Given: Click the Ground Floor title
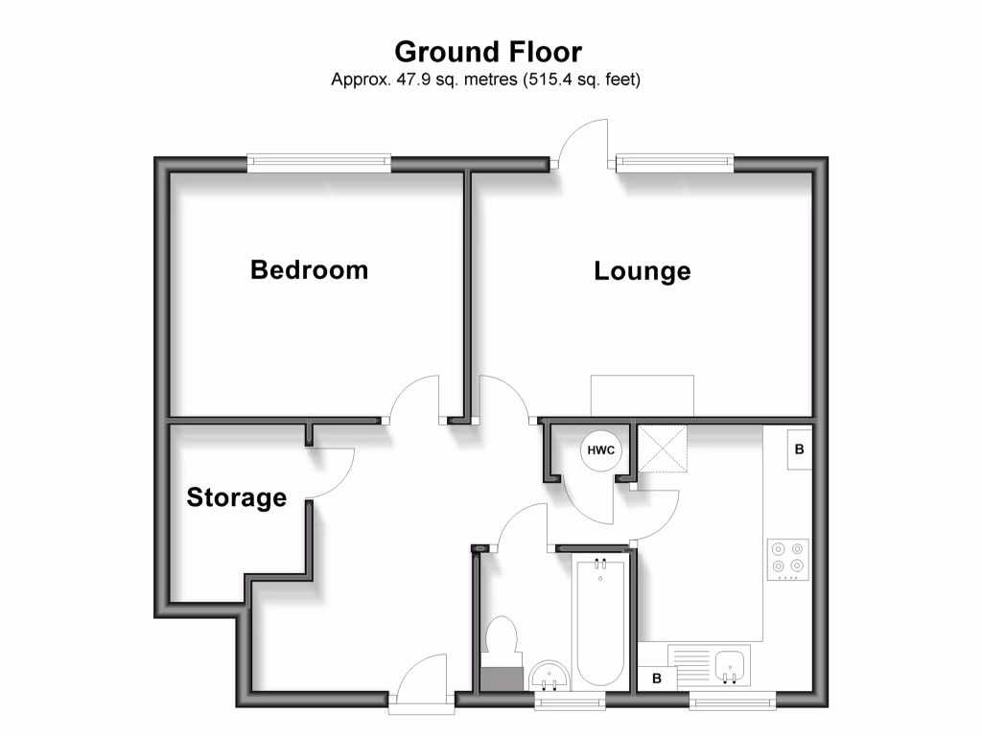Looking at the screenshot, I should (488, 51).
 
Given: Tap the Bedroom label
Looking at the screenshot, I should (309, 269).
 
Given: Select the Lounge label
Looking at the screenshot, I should (642, 271).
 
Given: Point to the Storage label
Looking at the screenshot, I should (236, 497).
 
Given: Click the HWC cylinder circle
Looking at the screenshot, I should (600, 449).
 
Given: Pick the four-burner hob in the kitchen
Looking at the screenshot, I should (787, 561).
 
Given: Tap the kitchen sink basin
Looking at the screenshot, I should (732, 662).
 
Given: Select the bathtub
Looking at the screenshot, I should (600, 623).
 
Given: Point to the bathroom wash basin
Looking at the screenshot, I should (549, 676).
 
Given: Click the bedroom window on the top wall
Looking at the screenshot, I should (319, 163).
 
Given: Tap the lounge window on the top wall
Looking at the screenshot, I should (675, 163).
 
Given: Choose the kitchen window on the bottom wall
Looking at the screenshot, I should (733, 701).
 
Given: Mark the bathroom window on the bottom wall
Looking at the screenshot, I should (563, 701).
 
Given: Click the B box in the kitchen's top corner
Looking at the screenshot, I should (799, 448).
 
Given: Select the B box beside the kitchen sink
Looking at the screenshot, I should (657, 678).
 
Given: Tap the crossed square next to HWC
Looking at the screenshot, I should (663, 449).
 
